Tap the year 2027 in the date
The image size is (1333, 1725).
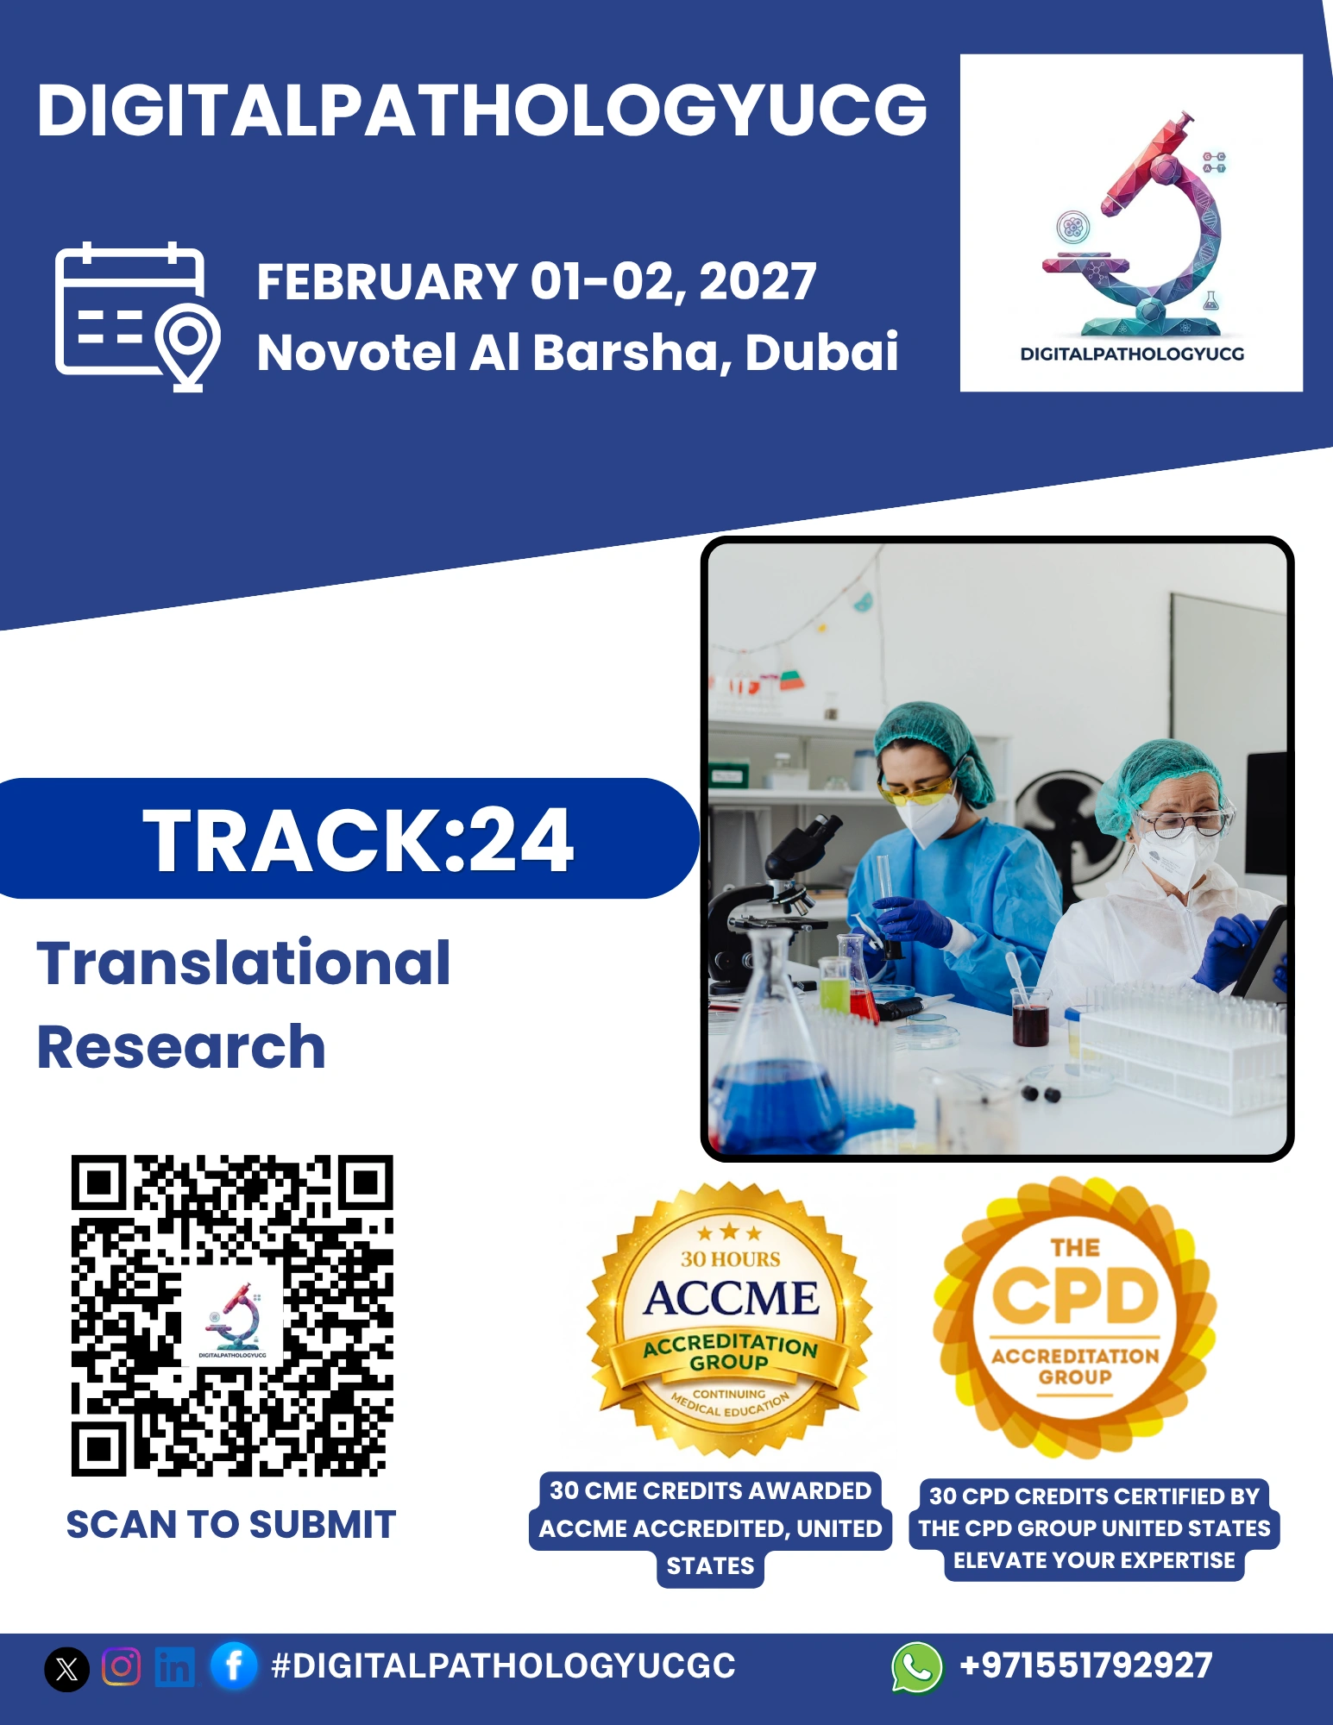[758, 281]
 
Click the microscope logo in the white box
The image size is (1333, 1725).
[1134, 224]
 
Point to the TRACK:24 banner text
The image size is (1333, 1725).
[358, 840]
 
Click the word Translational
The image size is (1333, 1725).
[243, 963]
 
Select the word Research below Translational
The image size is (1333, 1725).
[181, 1047]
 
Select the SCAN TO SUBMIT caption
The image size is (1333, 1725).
[231, 1525]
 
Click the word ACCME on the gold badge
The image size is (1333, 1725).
[731, 1299]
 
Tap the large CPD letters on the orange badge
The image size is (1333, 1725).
[1075, 1296]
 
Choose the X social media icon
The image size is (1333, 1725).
[66, 1668]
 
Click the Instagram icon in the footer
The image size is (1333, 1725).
[122, 1666]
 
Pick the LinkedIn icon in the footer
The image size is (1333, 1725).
[174, 1666]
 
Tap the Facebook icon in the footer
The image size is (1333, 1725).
[233, 1665]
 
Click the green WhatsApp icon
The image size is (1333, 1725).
[917, 1667]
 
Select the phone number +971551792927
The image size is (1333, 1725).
[1086, 1665]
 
